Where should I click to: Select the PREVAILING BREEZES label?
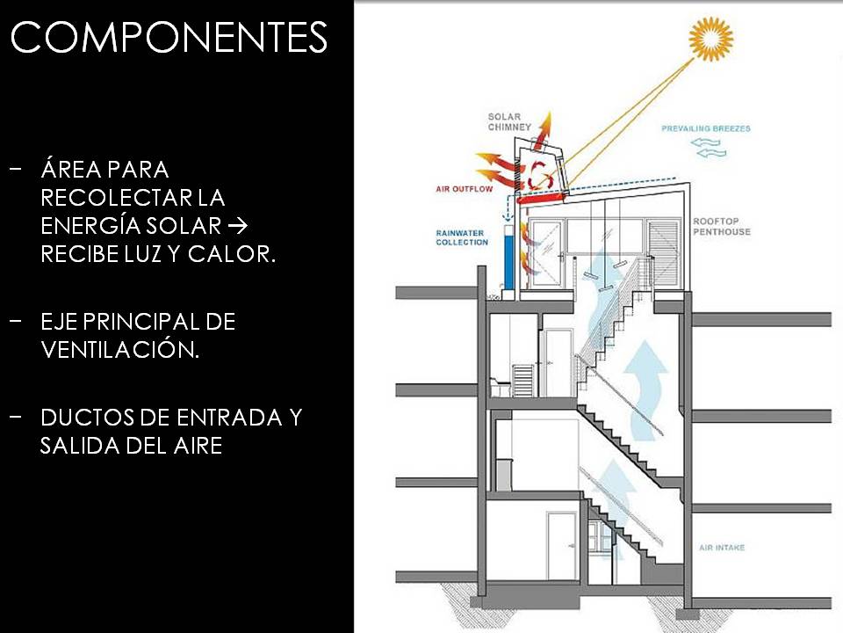[x=706, y=128]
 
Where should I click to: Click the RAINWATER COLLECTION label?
[x=462, y=236]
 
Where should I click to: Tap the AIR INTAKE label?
[x=722, y=548]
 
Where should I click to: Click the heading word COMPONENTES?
[x=169, y=38]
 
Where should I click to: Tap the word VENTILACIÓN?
[x=119, y=350]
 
